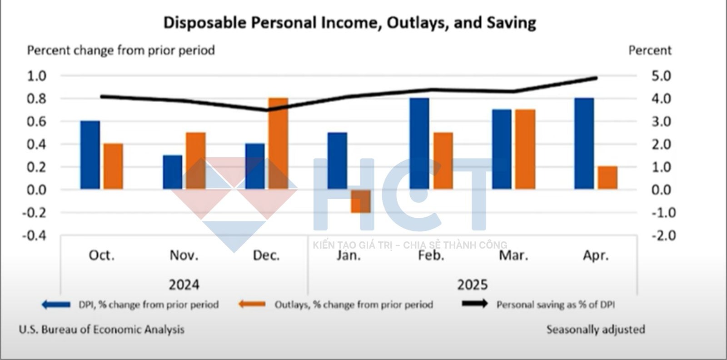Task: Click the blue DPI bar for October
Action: [90, 155]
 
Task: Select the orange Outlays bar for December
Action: [278, 144]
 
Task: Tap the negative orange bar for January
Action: [360, 201]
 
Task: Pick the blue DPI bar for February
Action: [419, 144]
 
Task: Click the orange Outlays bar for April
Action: [607, 178]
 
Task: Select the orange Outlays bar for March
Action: [525, 149]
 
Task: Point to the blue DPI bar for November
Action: [173, 172]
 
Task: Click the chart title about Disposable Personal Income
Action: [349, 22]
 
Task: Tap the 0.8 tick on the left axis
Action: [37, 99]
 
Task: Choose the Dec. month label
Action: [266, 255]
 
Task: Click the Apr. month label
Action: [596, 255]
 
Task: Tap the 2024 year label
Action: [184, 285]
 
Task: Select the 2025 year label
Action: [472, 285]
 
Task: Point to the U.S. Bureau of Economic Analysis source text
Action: [102, 330]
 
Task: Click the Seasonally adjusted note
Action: [596, 330]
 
